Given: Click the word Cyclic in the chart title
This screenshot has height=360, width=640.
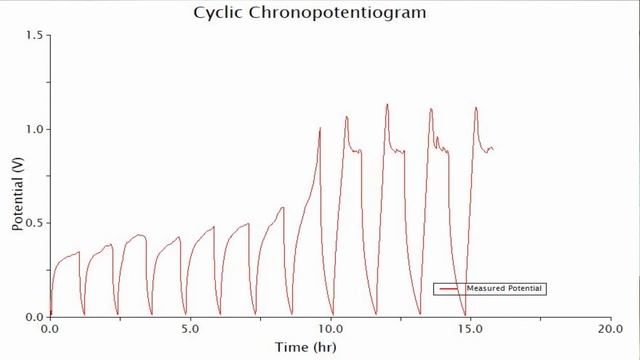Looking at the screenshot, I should pyautogui.click(x=218, y=13).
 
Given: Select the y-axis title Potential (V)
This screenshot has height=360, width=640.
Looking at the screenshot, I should pyautogui.click(x=17, y=195).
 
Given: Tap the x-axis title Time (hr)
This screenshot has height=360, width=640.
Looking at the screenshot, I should pyautogui.click(x=305, y=347).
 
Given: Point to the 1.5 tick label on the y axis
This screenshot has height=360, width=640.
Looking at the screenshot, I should pyautogui.click(x=35, y=35).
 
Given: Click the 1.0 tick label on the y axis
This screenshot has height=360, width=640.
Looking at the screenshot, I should pyautogui.click(x=35, y=129).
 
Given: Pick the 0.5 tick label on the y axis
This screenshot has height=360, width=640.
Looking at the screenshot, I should pyautogui.click(x=35, y=223).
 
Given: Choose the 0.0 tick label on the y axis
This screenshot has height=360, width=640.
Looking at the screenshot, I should pyautogui.click(x=35, y=317).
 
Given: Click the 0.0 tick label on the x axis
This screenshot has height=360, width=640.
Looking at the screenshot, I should pyautogui.click(x=50, y=328).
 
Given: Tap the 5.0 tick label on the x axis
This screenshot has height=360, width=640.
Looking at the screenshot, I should pyautogui.click(x=190, y=328).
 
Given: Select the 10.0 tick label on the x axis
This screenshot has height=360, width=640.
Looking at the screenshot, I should pyautogui.click(x=330, y=328).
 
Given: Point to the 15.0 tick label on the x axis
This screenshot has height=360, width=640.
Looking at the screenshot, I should pyautogui.click(x=470, y=328).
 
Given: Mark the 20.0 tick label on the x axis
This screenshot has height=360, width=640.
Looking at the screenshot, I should pyautogui.click(x=610, y=328).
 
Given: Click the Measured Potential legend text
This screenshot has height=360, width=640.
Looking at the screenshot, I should pyautogui.click(x=510, y=289).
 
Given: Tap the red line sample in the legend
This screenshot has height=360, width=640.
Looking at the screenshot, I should pyautogui.click(x=449, y=289).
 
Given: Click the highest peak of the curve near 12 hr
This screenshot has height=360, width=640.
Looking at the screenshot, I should pyautogui.click(x=387, y=104).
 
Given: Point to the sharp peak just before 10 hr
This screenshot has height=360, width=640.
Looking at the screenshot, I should pyautogui.click(x=320, y=127).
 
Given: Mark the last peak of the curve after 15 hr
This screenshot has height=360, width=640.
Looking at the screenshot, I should pyautogui.click(x=476, y=107).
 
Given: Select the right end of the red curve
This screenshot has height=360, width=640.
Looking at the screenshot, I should pyautogui.click(x=493, y=150).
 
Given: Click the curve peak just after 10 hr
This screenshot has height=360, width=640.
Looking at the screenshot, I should pyautogui.click(x=347, y=116).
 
